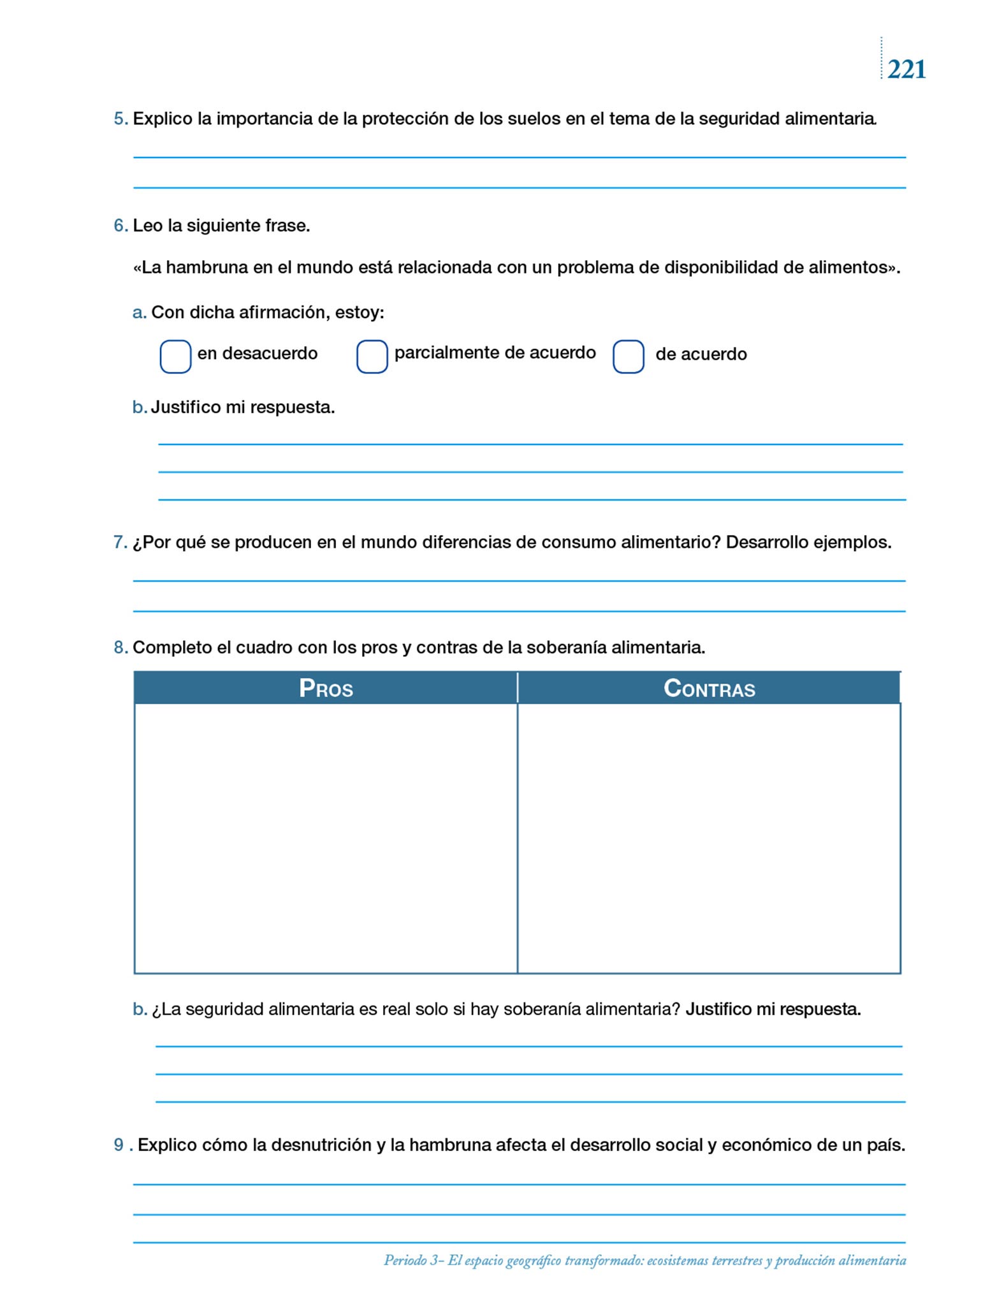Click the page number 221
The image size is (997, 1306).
pos(906,69)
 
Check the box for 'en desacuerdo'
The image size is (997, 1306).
pos(175,356)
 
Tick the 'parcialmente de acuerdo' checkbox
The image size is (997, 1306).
pos(372,356)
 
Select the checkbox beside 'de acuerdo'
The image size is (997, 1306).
pos(628,356)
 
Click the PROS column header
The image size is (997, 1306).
pos(326,688)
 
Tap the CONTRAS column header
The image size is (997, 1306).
pos(709,688)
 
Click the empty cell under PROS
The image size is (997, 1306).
pos(326,838)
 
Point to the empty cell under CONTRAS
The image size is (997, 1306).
pos(709,838)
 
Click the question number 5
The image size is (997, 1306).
pos(120,119)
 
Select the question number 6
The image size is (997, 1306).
pos(120,226)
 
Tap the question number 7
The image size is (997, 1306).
pos(120,543)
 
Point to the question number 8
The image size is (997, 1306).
pos(120,648)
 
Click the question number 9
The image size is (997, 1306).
pos(119,1145)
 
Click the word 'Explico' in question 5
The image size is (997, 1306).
pos(163,119)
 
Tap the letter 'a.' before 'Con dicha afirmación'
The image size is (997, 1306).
pos(139,312)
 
